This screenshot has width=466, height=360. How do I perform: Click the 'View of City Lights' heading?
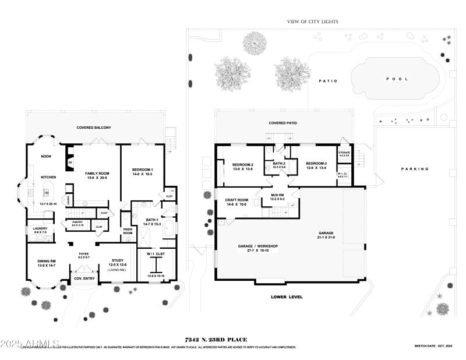coord(312,22)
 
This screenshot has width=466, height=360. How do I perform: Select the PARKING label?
coord(415,169)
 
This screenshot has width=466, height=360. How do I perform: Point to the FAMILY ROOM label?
coord(98,174)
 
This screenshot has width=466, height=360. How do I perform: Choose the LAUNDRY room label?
coord(40,229)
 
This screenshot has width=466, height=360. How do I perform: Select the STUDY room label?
coord(118,262)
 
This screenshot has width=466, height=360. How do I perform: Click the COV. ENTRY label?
coord(84,278)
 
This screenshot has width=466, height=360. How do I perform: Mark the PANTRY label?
coord(77,222)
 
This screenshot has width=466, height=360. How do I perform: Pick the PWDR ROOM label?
coord(128,231)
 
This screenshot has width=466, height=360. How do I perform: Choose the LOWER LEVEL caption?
coord(287,297)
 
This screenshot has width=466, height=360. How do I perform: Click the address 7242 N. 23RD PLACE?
coord(216,339)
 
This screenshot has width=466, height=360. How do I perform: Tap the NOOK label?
coord(46,156)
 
